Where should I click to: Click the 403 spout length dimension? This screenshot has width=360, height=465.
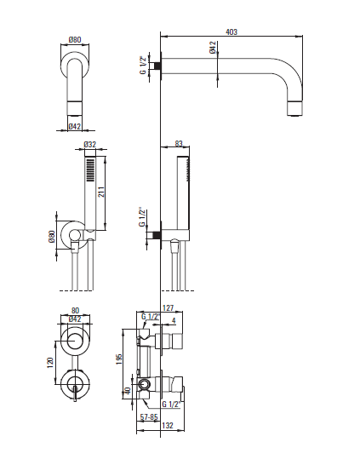coord(231,32)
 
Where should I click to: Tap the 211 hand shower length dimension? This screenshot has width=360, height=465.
coord(100,192)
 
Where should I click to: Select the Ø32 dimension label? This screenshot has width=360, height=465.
coord(90,145)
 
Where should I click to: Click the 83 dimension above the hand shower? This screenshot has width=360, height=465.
coord(179,144)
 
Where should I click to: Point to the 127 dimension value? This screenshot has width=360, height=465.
coord(168,307)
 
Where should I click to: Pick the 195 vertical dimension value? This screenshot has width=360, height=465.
coord(119,359)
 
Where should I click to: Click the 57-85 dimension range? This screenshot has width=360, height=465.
coord(149,417)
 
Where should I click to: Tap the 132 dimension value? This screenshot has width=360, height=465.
coord(168,425)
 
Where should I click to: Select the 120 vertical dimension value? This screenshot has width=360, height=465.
coord(49,363)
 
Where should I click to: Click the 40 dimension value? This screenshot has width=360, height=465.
coord(128,391)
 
